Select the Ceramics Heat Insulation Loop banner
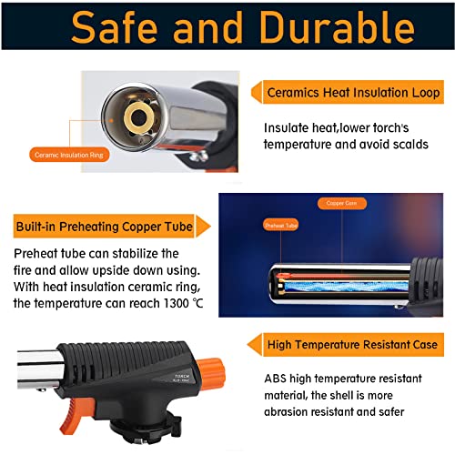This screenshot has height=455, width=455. (x=353, y=94)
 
